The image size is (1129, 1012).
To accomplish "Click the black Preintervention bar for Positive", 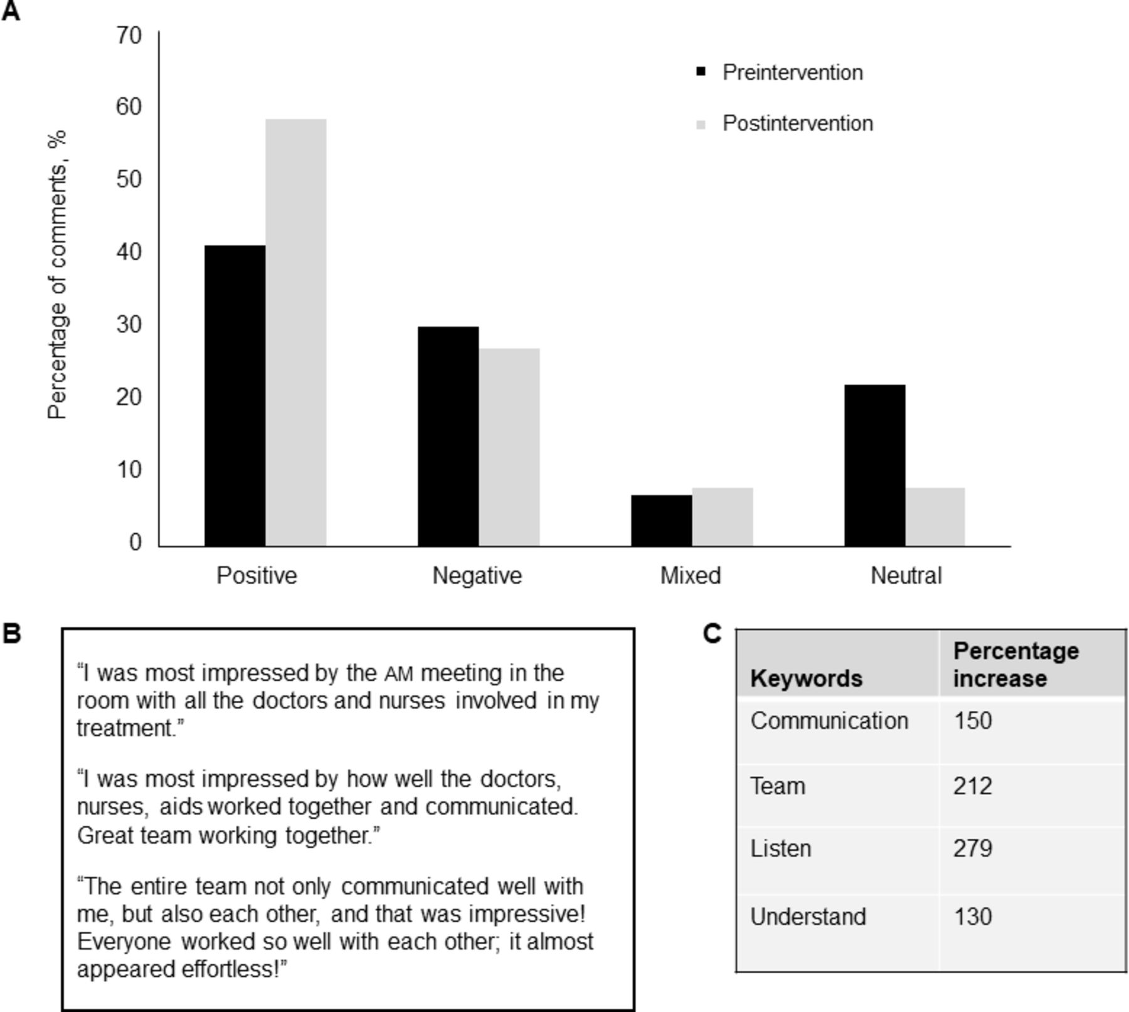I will click(235, 395).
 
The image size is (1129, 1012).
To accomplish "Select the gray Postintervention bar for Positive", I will click(295, 333).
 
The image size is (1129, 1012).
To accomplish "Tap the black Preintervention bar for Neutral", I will click(874, 465).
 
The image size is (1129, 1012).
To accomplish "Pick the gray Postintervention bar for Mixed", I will click(722, 517).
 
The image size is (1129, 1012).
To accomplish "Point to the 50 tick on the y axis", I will click(129, 179).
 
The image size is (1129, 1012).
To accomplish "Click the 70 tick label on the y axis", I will click(129, 35).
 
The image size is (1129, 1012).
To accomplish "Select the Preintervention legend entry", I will click(792, 72).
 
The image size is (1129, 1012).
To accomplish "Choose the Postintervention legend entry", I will click(797, 123).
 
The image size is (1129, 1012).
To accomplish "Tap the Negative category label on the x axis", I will click(477, 575).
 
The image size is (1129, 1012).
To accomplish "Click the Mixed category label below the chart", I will click(690, 575).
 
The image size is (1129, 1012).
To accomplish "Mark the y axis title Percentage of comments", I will click(57, 274).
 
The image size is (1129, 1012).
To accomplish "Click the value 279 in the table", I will click(972, 848).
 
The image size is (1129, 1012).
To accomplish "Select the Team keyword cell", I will click(777, 786).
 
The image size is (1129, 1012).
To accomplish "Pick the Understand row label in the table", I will click(808, 917).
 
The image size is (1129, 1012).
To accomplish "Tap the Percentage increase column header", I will click(1015, 664).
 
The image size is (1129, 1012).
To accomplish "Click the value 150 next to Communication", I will click(972, 720).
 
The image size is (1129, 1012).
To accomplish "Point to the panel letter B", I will click(11, 634).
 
